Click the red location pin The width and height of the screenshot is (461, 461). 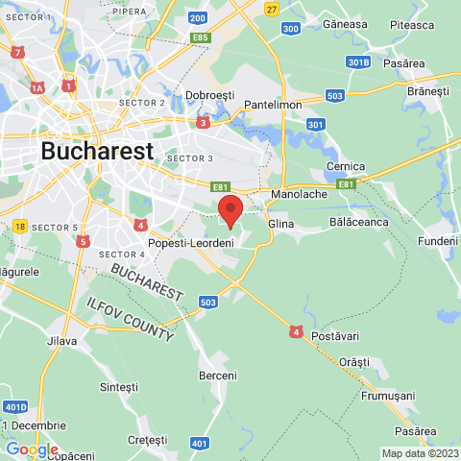[x=230, y=209]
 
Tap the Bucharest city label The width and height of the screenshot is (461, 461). [x=97, y=151]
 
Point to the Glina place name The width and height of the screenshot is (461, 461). [x=280, y=224]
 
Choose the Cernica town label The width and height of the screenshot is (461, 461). [x=346, y=165]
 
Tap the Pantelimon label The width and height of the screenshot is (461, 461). [x=274, y=104]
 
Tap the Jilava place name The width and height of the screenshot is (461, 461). [x=61, y=341]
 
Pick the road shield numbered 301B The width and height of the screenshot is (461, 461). [x=358, y=62]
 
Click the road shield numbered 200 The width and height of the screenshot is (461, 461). [x=198, y=17]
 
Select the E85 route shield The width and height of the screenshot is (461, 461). [x=201, y=37]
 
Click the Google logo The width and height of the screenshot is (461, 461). [x=32, y=449]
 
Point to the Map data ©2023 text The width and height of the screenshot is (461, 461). [x=420, y=453]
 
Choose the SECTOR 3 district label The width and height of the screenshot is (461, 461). [x=189, y=158]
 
